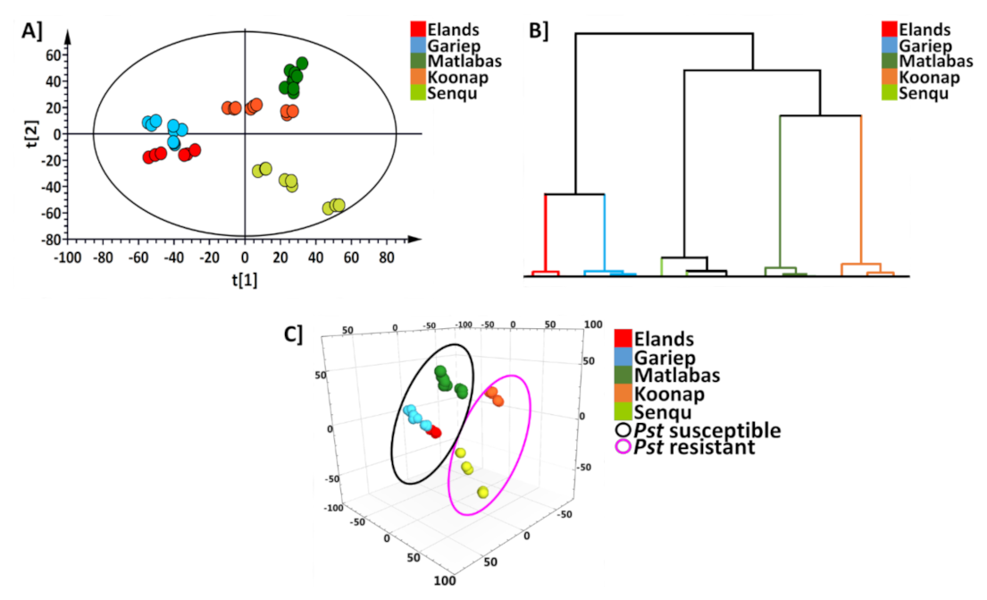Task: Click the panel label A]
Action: click(33, 30)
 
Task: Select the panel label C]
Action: click(293, 334)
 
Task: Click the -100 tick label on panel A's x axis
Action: click(68, 258)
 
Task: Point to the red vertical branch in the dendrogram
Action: click(546, 232)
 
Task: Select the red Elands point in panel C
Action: click(435, 433)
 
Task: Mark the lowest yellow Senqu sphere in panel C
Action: click(483, 492)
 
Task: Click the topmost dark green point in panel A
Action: click(302, 63)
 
